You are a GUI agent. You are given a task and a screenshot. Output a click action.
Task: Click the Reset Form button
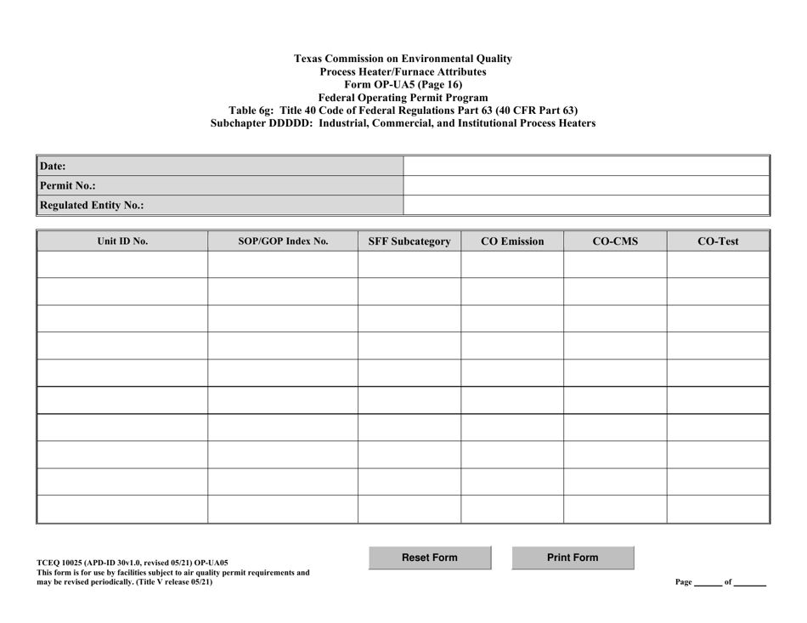coord(429,558)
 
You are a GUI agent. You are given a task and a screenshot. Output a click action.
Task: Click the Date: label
coord(53,167)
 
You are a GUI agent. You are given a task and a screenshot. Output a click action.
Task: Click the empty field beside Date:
coord(585,166)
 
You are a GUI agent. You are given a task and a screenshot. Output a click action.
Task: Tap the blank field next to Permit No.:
coord(585,185)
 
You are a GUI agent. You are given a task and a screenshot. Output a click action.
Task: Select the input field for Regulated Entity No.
coord(585,205)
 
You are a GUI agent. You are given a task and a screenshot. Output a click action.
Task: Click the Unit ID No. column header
coord(122,241)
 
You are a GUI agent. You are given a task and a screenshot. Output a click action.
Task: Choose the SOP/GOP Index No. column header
coord(283,241)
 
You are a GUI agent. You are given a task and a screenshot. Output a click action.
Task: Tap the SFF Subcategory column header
coord(409,241)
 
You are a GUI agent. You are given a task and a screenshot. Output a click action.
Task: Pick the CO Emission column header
coord(512,241)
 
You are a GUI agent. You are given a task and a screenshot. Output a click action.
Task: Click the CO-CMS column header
coord(615,241)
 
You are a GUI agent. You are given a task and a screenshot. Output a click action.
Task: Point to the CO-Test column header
coord(718,241)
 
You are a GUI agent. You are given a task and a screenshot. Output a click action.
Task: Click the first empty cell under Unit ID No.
coord(122,265)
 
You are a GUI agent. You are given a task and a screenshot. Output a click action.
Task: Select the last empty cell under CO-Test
coord(718,509)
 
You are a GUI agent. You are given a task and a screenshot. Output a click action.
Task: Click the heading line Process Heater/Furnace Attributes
coord(403,71)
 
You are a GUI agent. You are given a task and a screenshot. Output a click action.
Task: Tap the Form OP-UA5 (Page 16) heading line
coord(403,84)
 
